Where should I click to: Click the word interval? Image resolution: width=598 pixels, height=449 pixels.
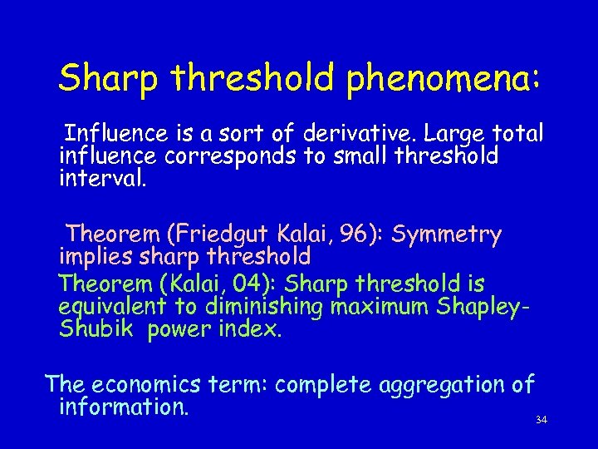[x=102, y=178]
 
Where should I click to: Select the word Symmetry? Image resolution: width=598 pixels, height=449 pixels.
[x=446, y=234]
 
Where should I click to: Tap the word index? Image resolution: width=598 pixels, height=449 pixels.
[x=254, y=329]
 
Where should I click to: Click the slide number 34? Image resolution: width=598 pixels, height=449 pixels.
[x=542, y=420]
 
